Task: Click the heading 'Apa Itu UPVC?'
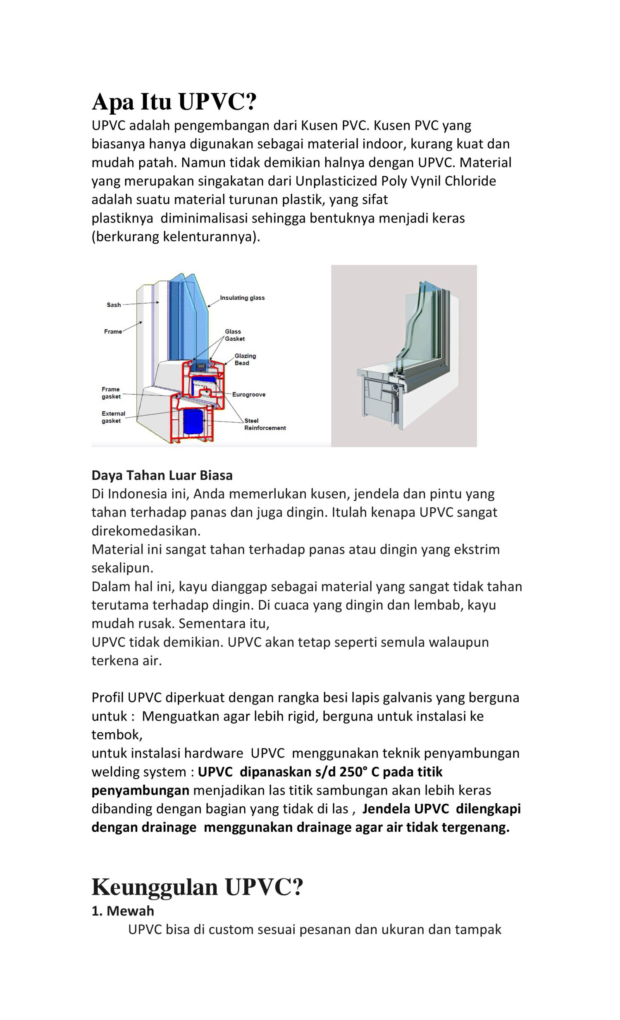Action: (174, 102)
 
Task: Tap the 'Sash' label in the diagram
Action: (114, 305)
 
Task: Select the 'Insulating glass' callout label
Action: (242, 298)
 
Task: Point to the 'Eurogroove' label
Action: (248, 395)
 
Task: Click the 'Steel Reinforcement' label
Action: (265, 424)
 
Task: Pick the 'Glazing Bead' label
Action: (245, 359)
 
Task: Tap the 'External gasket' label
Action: (113, 417)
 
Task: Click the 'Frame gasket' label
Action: (111, 393)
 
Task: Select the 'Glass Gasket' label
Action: (234, 335)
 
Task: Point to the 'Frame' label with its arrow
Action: (113, 331)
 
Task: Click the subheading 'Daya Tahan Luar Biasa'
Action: (162, 475)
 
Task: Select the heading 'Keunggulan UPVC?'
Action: (197, 887)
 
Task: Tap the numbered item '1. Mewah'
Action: (123, 911)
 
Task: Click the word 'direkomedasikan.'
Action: (146, 531)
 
